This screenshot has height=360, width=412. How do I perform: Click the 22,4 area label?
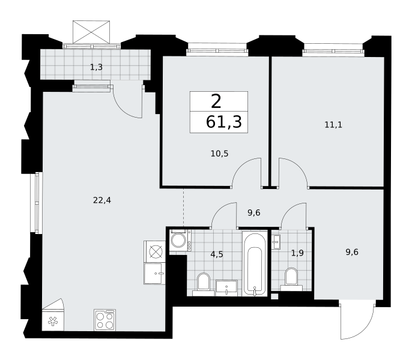coord(102,200)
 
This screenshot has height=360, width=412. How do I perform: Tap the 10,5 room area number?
coord(219,154)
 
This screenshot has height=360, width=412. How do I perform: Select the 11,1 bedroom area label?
coord(333,125)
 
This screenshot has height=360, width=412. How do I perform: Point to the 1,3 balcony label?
coord(96,67)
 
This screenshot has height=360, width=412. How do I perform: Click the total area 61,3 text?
coord(223,122)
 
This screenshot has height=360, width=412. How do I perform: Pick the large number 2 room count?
coord(216,102)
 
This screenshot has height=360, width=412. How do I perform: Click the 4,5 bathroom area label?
coord(217,254)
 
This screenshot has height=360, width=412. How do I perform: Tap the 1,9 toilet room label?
coord(297,253)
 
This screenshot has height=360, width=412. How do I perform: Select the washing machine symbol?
coord(179,240)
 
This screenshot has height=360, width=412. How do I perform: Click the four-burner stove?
coord(105,320)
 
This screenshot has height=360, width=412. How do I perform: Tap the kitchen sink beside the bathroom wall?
coord(154,274)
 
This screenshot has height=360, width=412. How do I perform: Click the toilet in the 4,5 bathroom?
coord(204,284)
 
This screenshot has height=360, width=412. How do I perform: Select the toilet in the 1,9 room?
coord(291,279)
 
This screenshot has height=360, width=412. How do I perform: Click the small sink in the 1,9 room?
coord(276,242)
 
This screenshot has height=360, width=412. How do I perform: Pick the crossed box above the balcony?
coord(91,32)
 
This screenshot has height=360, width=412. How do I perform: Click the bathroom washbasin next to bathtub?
coord(226,288)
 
